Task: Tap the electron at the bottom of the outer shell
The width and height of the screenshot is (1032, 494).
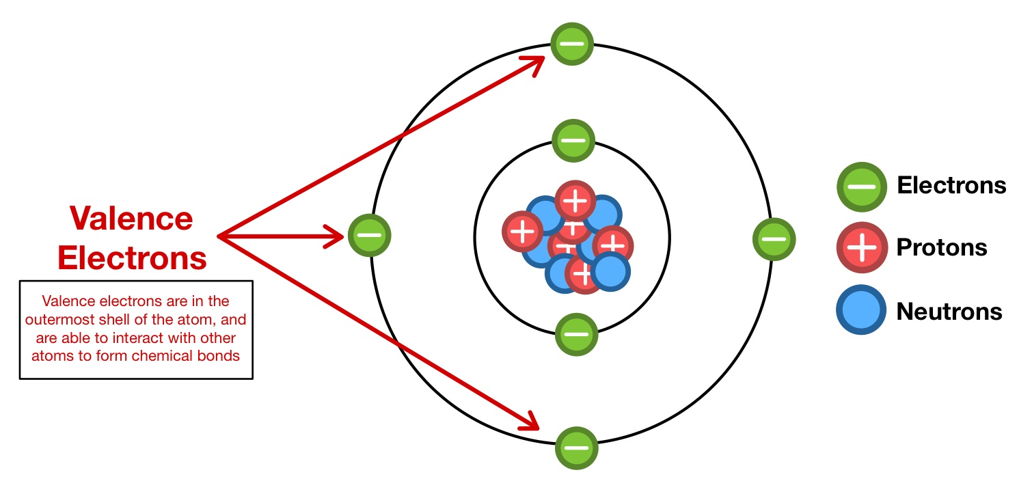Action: (576, 448)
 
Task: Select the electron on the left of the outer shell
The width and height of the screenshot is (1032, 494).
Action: (370, 236)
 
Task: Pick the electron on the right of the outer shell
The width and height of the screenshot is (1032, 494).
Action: (774, 239)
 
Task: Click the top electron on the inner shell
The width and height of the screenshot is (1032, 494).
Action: (573, 141)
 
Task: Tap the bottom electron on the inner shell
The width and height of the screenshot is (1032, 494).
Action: (576, 335)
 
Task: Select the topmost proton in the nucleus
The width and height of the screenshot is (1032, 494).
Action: (575, 201)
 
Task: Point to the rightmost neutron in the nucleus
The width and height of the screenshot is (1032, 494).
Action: (610, 272)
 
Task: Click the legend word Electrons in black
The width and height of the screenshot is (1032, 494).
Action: (951, 185)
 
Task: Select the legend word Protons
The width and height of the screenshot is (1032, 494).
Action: (941, 247)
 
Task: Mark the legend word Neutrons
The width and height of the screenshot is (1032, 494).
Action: (949, 312)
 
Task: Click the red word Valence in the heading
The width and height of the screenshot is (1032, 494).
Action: (131, 219)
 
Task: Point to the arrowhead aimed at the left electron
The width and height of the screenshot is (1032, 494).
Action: (335, 237)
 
